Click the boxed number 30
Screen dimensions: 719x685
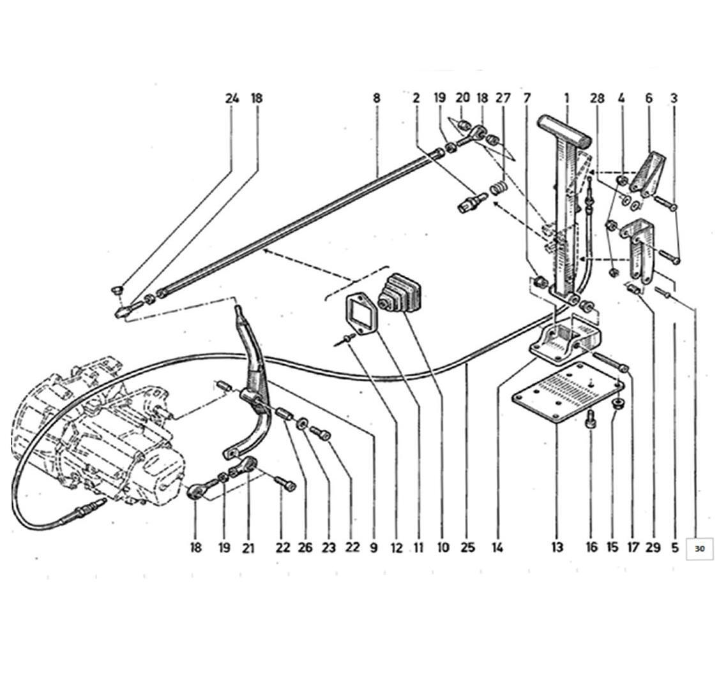(x=699, y=548)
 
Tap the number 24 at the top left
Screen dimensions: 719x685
(x=232, y=98)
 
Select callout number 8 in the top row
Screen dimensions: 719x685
(x=377, y=98)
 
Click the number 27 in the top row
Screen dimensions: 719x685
(x=503, y=98)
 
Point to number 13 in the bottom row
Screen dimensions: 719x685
(x=557, y=547)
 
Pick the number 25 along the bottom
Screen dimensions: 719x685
(x=467, y=547)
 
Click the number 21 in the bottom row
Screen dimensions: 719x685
(x=248, y=548)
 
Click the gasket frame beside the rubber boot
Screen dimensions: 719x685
(x=361, y=313)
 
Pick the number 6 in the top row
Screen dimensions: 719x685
(x=649, y=98)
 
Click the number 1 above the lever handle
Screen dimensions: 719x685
(x=567, y=98)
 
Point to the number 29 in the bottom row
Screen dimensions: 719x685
(x=653, y=547)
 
